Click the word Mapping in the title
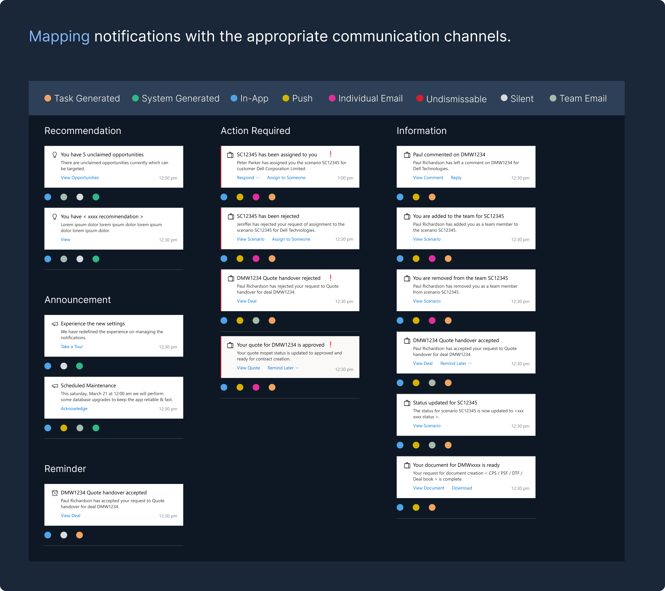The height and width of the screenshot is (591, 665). [59, 36]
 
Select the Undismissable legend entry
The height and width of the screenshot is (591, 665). [452, 98]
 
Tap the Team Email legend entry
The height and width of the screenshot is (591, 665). [578, 98]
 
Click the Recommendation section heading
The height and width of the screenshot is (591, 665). [83, 131]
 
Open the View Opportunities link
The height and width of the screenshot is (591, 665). [80, 178]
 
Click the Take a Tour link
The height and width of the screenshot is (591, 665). [72, 347]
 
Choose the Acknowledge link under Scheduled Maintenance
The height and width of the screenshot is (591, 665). [74, 409]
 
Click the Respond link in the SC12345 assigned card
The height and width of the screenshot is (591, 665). [246, 178]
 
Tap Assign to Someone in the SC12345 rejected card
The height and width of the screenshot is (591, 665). [291, 239]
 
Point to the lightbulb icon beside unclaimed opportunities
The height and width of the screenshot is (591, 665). [55, 155]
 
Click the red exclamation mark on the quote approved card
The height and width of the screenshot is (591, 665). [331, 344]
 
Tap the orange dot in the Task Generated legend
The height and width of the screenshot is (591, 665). [48, 98]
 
